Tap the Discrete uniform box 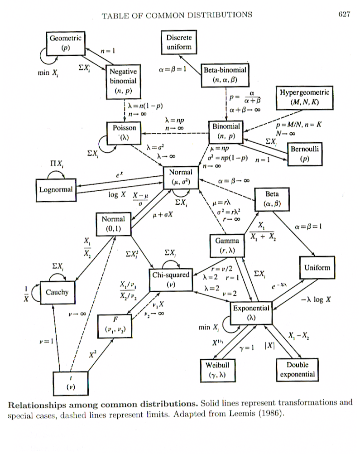[179, 42]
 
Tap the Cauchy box [57, 292]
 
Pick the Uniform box [317, 268]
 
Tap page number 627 [344, 14]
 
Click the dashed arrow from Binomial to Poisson [172, 134]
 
